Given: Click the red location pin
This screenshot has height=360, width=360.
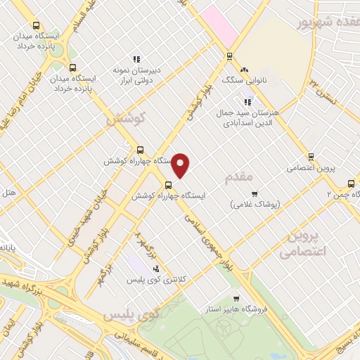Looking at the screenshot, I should point(181,165).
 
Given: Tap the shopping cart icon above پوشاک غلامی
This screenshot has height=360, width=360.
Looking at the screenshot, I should point(255,193).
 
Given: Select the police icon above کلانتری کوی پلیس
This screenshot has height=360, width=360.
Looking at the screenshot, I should point(155,269).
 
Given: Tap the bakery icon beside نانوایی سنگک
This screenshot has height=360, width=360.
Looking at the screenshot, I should point(244,70).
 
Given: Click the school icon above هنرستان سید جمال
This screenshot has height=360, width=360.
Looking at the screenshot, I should point(247,102).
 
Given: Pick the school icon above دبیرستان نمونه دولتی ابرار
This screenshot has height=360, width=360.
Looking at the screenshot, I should point(137,59).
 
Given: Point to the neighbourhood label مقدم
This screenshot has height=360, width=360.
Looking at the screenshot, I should point(238,179).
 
